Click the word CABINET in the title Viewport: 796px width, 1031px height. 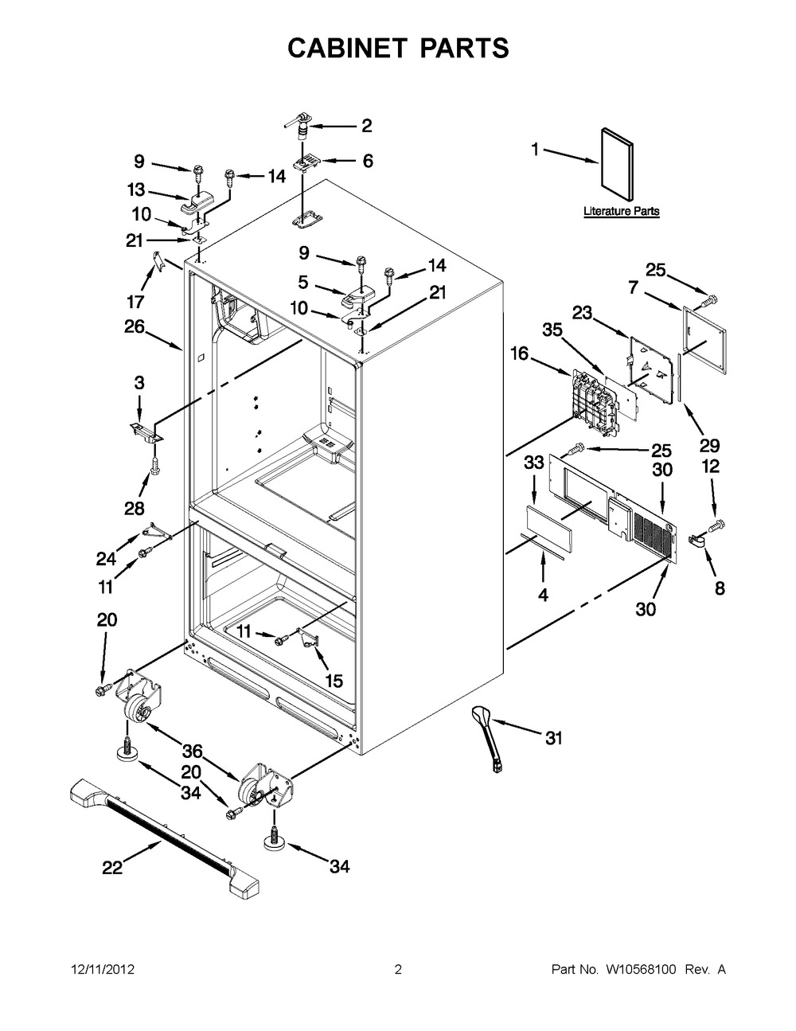click(348, 48)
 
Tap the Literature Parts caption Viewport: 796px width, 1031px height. click(621, 211)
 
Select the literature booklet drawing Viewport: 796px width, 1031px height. click(617, 165)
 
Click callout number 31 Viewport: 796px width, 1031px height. click(553, 738)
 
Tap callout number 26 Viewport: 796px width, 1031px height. click(135, 326)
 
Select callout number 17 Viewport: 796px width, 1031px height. click(135, 301)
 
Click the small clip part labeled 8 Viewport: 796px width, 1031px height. click(696, 541)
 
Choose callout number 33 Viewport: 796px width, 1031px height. click(533, 462)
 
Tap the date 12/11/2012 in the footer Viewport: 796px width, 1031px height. click(103, 969)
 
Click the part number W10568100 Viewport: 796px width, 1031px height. click(639, 969)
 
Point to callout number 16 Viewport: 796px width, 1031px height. click(520, 353)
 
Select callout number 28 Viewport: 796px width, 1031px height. click(135, 508)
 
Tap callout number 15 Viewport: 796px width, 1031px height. click(334, 681)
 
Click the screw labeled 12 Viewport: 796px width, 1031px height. click(717, 525)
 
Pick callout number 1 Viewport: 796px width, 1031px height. click(535, 150)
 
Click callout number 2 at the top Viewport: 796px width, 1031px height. click(367, 126)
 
